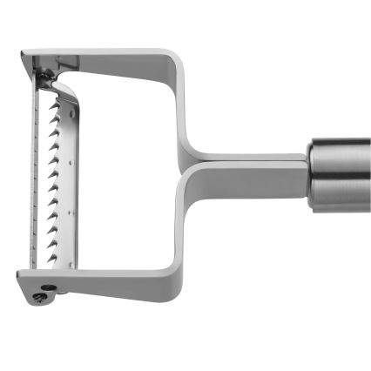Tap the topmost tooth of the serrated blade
tap(57, 103)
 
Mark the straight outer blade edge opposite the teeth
tap(35, 174)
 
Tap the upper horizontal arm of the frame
tap(113, 57)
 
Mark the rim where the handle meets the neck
tap(311, 174)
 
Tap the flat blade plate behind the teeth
tap(44, 174)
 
